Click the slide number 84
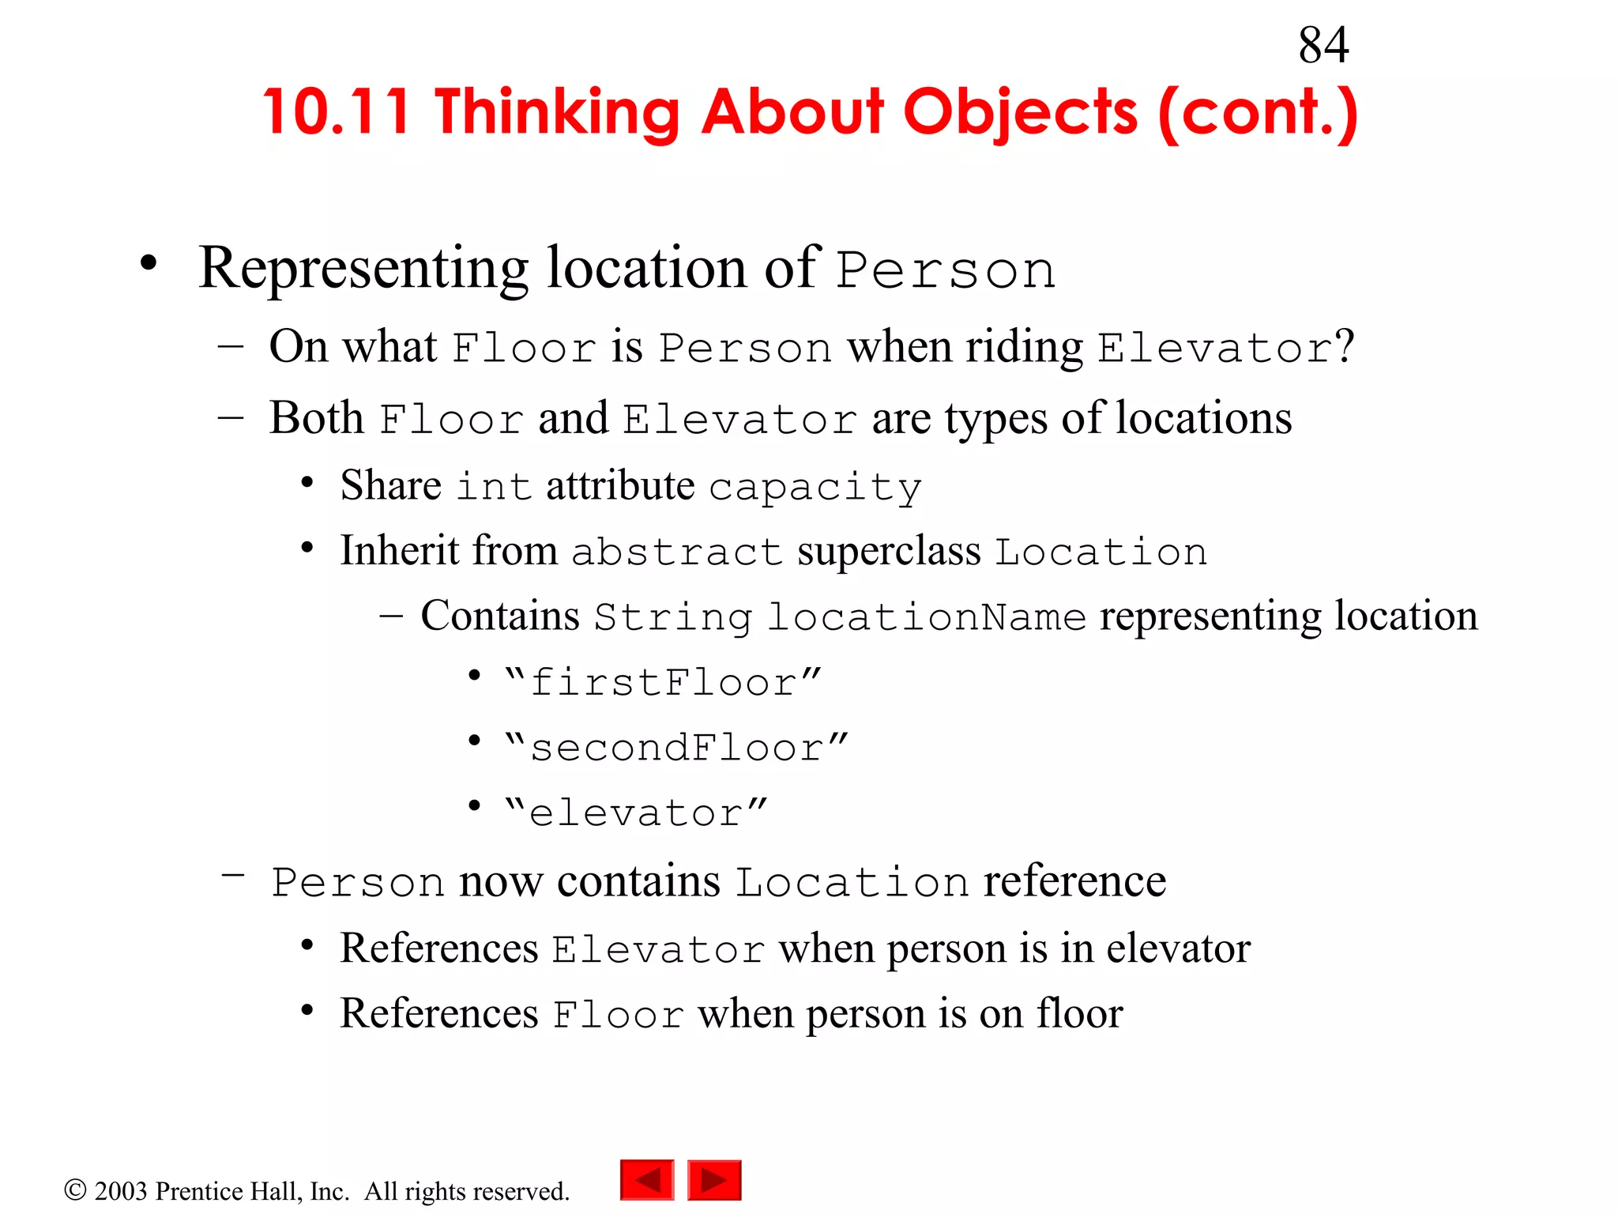tap(1323, 45)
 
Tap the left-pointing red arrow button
tap(647, 1180)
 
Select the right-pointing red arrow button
tap(714, 1180)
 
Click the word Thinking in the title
tap(557, 112)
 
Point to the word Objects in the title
tap(1020, 112)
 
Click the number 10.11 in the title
tap(337, 112)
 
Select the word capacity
tap(815, 488)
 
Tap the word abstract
tap(676, 552)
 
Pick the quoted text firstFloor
tap(664, 682)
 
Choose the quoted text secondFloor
tap(676, 748)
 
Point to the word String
tap(673, 617)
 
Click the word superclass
tap(889, 551)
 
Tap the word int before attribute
tap(494, 487)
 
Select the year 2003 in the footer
tap(121, 1191)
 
